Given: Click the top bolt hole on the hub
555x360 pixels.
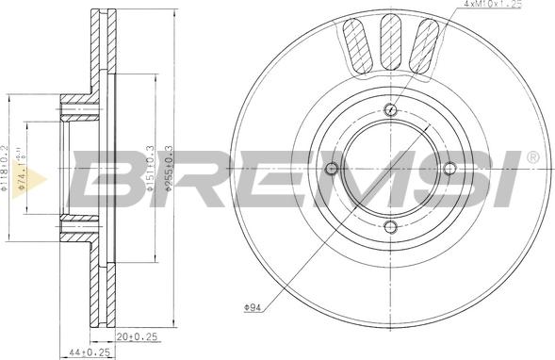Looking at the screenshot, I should (x=390, y=110).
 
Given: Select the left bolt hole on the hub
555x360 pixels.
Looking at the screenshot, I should (x=331, y=170).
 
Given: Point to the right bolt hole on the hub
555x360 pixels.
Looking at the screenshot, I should (x=449, y=170).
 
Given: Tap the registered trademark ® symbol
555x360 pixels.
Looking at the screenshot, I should (x=532, y=156).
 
